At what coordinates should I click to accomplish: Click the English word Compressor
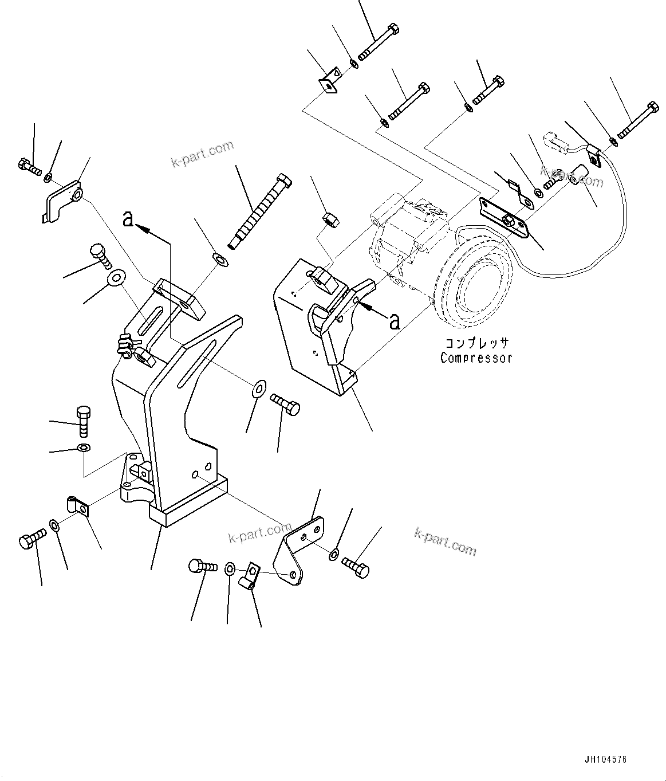pyautogui.click(x=476, y=358)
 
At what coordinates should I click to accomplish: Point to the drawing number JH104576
pyautogui.click(x=606, y=760)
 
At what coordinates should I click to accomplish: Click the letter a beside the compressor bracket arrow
pyautogui.click(x=395, y=321)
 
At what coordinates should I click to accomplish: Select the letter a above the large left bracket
pyautogui.click(x=129, y=218)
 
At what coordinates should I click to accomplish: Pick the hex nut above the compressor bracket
pyautogui.click(x=329, y=219)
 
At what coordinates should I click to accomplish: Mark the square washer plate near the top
pyautogui.click(x=328, y=81)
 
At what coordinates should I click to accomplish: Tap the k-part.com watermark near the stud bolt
pyautogui.click(x=202, y=154)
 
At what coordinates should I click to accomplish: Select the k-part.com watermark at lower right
pyautogui.click(x=445, y=541)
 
